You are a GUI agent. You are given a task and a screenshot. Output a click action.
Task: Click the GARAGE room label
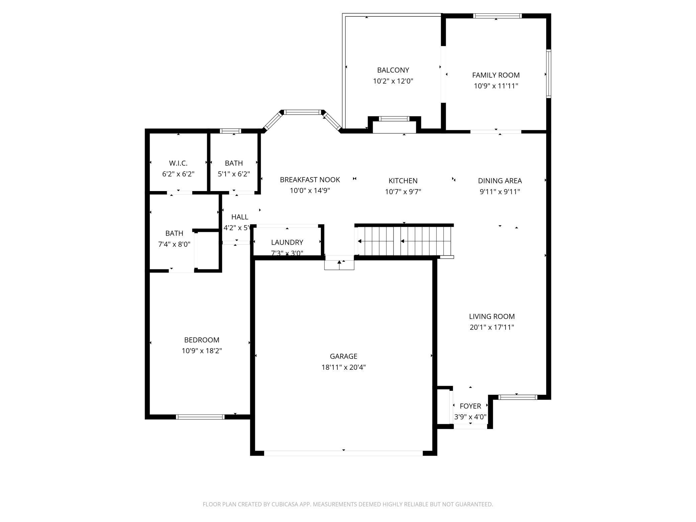click(343, 356)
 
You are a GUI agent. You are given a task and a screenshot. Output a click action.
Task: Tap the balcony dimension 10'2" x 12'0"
click(393, 81)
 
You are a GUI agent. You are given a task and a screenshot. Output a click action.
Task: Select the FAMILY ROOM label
click(496, 75)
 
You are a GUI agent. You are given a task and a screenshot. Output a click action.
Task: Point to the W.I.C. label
click(178, 163)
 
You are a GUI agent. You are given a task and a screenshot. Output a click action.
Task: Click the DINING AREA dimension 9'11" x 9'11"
click(500, 192)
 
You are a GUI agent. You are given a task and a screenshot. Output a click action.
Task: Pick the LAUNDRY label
click(287, 242)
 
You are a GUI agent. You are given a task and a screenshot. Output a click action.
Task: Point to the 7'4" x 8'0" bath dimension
click(174, 244)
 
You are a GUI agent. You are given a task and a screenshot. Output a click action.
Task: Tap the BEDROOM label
click(201, 340)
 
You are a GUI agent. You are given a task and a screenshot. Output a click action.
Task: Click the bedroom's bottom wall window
click(200, 417)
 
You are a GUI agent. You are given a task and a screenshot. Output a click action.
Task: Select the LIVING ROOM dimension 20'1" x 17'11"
click(492, 327)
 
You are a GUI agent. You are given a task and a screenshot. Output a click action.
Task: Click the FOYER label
click(470, 406)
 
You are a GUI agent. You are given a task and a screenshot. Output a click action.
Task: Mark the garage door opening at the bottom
click(343, 453)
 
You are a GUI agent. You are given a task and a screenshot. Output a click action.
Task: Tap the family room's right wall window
click(548, 74)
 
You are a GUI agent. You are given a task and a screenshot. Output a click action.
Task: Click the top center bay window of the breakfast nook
click(303, 112)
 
